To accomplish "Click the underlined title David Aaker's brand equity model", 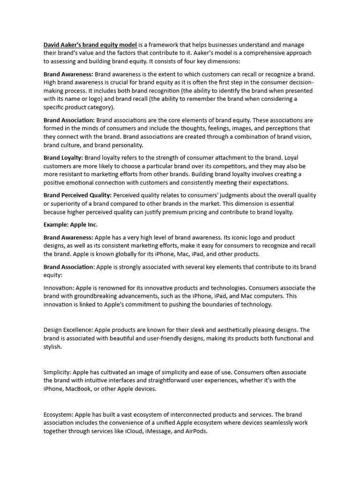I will tap(90, 45).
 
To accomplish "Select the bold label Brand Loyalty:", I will tap(63, 158).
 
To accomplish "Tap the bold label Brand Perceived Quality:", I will tap(77, 195).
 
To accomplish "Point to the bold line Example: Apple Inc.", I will tap(70, 225).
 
